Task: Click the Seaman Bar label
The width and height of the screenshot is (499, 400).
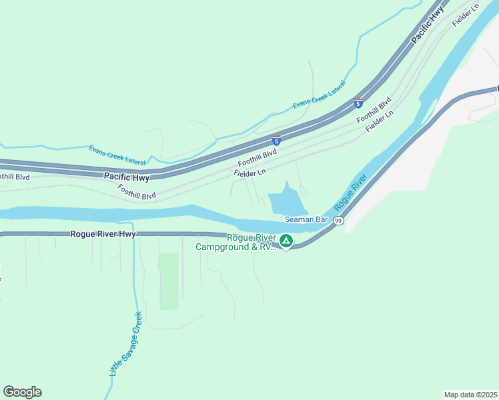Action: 306,219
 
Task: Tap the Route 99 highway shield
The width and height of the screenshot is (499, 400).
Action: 339,221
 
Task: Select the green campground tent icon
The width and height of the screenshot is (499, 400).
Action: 286,241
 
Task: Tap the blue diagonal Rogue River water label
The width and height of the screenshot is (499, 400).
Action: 351,192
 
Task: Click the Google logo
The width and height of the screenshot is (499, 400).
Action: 22,392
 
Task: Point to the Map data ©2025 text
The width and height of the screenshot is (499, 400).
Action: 470,394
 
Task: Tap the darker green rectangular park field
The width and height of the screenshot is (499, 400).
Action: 169,280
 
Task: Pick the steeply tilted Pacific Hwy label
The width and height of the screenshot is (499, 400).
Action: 427,27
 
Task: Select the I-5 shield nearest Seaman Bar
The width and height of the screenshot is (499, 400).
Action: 276,141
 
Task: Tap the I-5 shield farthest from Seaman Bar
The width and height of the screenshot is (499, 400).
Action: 358,103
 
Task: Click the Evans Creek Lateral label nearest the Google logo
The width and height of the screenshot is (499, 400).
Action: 117,154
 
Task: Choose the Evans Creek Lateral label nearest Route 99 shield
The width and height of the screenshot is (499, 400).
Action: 320,96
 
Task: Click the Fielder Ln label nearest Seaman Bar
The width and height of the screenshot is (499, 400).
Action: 249,172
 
